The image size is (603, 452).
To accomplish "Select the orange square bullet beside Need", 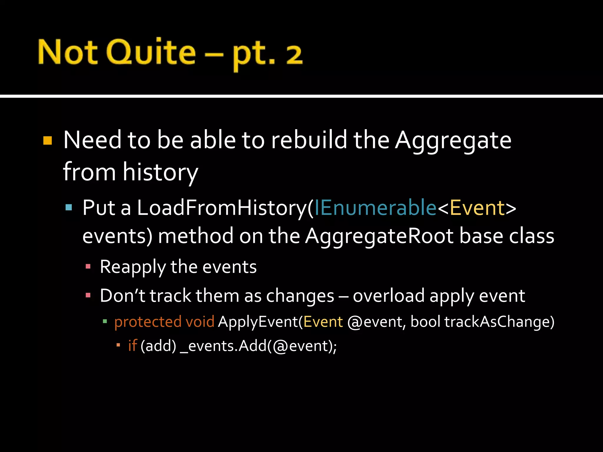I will [47, 140].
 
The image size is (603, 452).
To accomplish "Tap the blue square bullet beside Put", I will [69, 207].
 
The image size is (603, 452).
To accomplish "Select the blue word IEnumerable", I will [375, 208].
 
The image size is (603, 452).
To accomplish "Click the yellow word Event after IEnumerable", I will [477, 208].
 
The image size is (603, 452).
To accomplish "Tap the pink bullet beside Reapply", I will [88, 267].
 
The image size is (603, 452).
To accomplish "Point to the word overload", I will [389, 296].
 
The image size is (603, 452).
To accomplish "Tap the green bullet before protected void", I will [105, 321].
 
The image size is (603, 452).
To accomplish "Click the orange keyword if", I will [132, 345].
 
